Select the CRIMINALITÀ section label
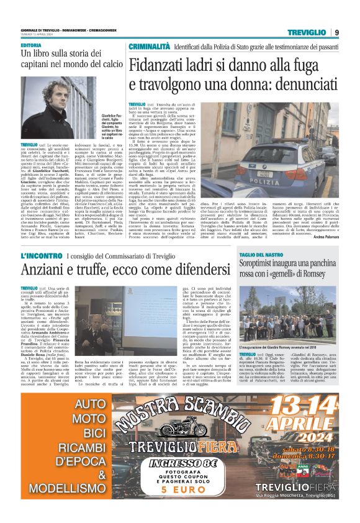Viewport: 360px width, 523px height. [151, 47]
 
